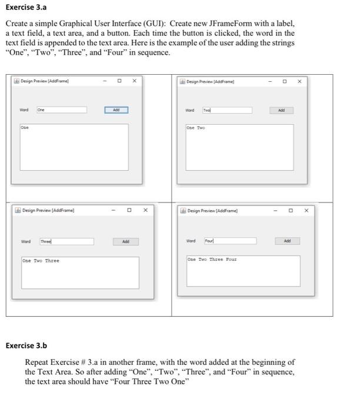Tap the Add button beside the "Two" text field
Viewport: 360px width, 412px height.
point(282,110)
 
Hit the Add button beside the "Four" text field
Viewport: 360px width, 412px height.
point(287,241)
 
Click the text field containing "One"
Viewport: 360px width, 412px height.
point(61,109)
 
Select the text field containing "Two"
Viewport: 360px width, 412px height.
point(226,110)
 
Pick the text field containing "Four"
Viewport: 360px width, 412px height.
point(229,241)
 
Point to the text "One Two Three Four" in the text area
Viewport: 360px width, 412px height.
point(212,259)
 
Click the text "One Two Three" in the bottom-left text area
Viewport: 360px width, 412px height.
point(41,261)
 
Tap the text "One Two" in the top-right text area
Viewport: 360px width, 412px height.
point(196,128)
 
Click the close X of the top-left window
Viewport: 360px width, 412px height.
point(134,81)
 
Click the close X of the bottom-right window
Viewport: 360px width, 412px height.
point(306,210)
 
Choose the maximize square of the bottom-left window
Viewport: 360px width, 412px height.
point(129,210)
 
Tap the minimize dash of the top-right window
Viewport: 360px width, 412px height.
point(270,81)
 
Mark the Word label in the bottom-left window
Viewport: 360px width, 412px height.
point(26,241)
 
